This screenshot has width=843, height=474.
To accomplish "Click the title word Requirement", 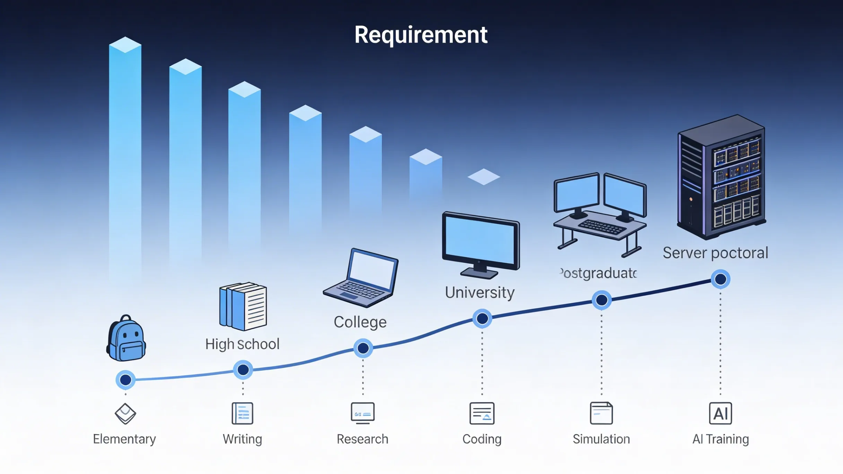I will (421, 35).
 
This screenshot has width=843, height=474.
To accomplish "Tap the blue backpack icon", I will (126, 339).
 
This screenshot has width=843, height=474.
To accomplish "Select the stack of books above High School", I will (243, 306).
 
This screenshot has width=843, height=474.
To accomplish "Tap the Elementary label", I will (124, 439).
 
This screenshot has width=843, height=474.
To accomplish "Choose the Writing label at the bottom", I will (242, 439).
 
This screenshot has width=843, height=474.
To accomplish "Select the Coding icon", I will (482, 413).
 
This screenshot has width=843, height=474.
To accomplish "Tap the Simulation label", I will (601, 439).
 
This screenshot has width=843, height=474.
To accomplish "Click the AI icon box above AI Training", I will (720, 413).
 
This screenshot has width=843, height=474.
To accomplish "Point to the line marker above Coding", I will (482, 318).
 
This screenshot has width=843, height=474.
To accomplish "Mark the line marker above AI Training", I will (721, 279).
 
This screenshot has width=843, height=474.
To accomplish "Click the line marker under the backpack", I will (125, 380).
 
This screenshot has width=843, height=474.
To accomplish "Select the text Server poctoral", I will (715, 253).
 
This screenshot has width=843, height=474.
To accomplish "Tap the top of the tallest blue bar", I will (125, 45).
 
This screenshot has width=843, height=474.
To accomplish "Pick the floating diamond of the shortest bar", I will (484, 177).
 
